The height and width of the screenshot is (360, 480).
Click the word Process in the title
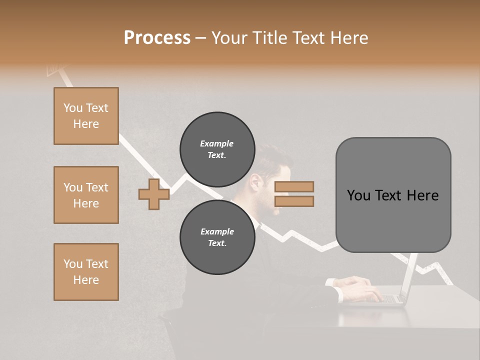pos(157,38)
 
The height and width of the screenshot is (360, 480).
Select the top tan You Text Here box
pos(86,116)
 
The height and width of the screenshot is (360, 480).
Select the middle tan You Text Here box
pos(86,195)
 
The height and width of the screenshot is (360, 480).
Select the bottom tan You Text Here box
pos(86,272)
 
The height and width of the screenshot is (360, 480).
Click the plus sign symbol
pos(154,194)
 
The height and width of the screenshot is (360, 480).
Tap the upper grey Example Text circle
pos(217,149)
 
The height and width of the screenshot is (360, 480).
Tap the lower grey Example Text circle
pos(217,237)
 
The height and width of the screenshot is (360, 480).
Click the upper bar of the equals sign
pos(294,186)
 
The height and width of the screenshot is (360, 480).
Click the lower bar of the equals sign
pos(294,201)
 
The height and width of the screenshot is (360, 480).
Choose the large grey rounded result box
pos(393,194)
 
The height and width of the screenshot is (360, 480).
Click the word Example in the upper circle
pos(217,143)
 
